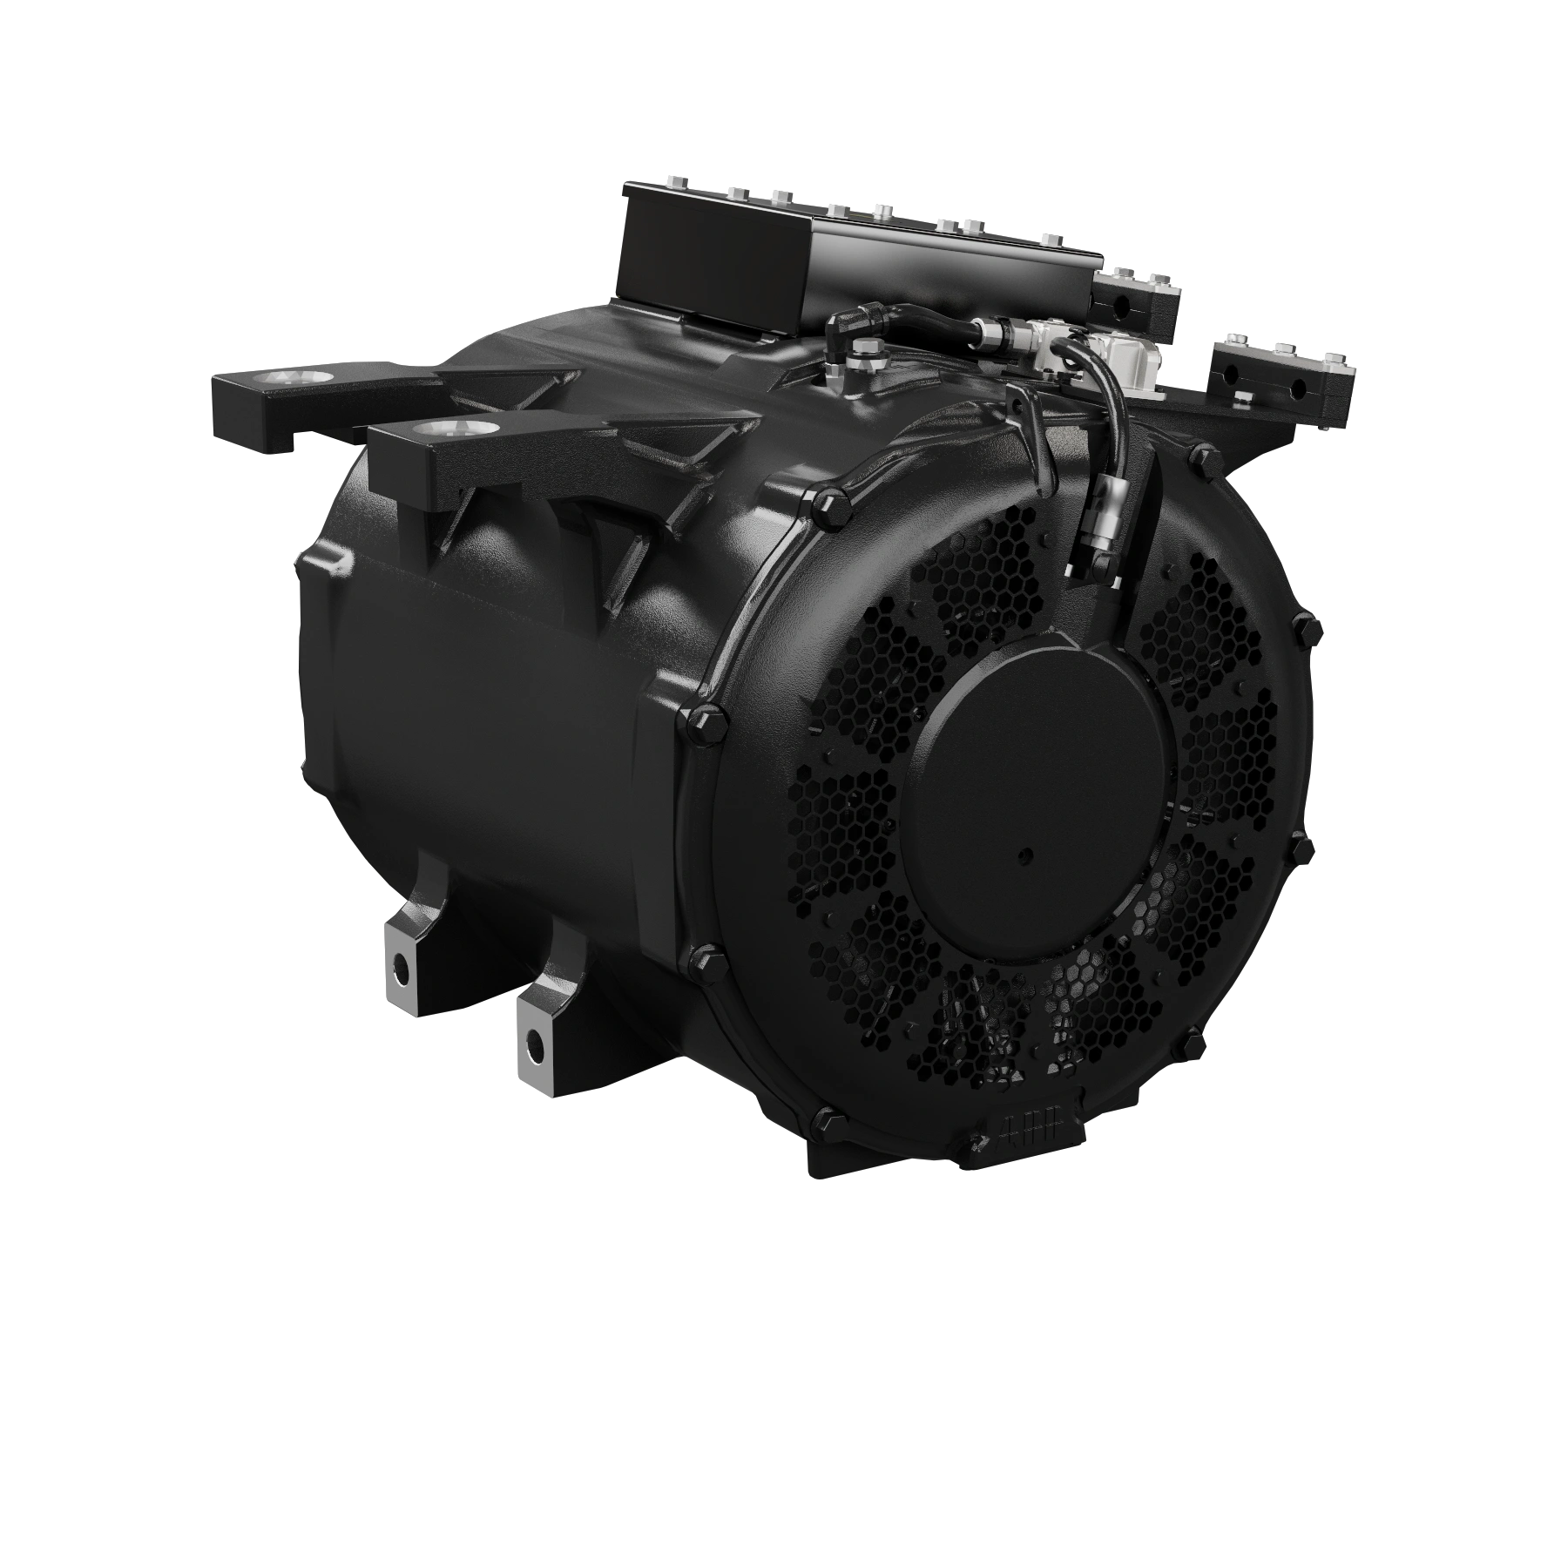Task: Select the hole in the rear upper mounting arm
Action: pos(299,378)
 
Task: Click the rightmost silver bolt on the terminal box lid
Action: pos(1051,238)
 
